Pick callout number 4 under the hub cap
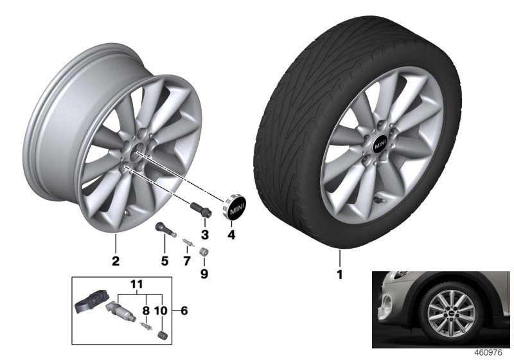[x=232, y=235]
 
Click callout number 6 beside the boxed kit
[x=184, y=311]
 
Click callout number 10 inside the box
[x=161, y=311]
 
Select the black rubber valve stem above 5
[x=163, y=230]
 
